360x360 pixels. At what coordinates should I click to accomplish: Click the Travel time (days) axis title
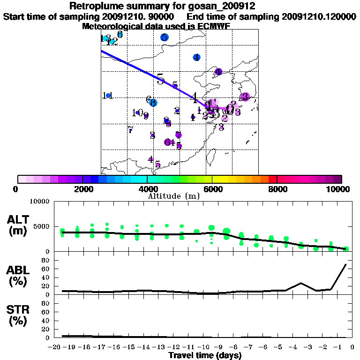205,356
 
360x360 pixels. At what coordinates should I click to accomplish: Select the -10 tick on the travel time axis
204,347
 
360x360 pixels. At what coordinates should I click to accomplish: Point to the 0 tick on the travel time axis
352,347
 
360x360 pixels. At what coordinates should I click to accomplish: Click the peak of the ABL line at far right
346,264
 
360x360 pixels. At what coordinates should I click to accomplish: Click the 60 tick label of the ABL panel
46,269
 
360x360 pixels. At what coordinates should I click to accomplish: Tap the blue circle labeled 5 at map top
164,37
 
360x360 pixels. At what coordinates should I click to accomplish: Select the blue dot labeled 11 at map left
108,96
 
